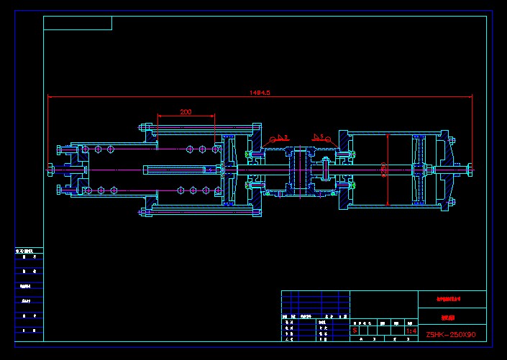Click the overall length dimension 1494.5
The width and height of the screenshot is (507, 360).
coord(259,93)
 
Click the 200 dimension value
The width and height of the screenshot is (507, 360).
coord(186,112)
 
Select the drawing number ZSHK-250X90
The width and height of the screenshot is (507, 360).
coord(451,334)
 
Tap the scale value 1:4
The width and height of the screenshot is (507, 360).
coord(411,331)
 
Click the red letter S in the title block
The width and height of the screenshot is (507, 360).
coord(355,331)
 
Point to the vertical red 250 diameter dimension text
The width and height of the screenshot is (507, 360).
coord(385,170)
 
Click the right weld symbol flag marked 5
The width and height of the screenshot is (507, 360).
coord(319,135)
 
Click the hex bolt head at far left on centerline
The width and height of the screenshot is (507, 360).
coord(50,169)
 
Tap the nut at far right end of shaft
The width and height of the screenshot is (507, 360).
coord(469,170)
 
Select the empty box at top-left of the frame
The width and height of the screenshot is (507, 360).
coord(78,23)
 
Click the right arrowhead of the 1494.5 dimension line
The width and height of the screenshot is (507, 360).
coord(470,97)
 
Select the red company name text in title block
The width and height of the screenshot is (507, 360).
coord(452,297)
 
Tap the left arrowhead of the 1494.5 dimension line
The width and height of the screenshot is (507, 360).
coord(50,97)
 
